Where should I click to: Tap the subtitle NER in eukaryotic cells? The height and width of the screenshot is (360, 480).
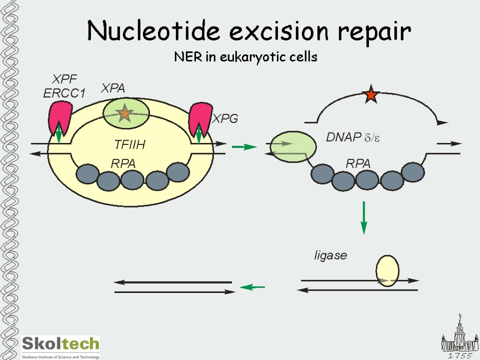point(246,57)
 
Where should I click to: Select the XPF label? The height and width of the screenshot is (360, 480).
point(64,79)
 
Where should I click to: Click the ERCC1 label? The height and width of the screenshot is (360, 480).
point(64,93)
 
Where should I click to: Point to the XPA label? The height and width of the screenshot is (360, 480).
point(113,88)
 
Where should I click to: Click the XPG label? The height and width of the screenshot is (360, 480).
point(225,119)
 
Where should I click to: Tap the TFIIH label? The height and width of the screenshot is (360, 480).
point(130,145)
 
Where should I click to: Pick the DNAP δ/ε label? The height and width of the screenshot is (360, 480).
point(353,137)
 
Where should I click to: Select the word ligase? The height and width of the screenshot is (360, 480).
point(330,255)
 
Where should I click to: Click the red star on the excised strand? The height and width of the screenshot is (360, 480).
point(371,95)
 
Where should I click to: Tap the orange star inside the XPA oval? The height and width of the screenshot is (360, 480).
point(125,113)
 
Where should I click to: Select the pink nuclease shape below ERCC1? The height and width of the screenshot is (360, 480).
point(60,118)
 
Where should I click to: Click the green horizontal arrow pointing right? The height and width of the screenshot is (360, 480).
point(244,147)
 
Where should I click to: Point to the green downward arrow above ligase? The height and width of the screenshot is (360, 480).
point(364,217)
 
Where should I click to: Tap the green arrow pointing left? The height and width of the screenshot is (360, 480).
point(253,287)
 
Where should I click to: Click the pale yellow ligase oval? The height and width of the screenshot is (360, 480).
point(388,270)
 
